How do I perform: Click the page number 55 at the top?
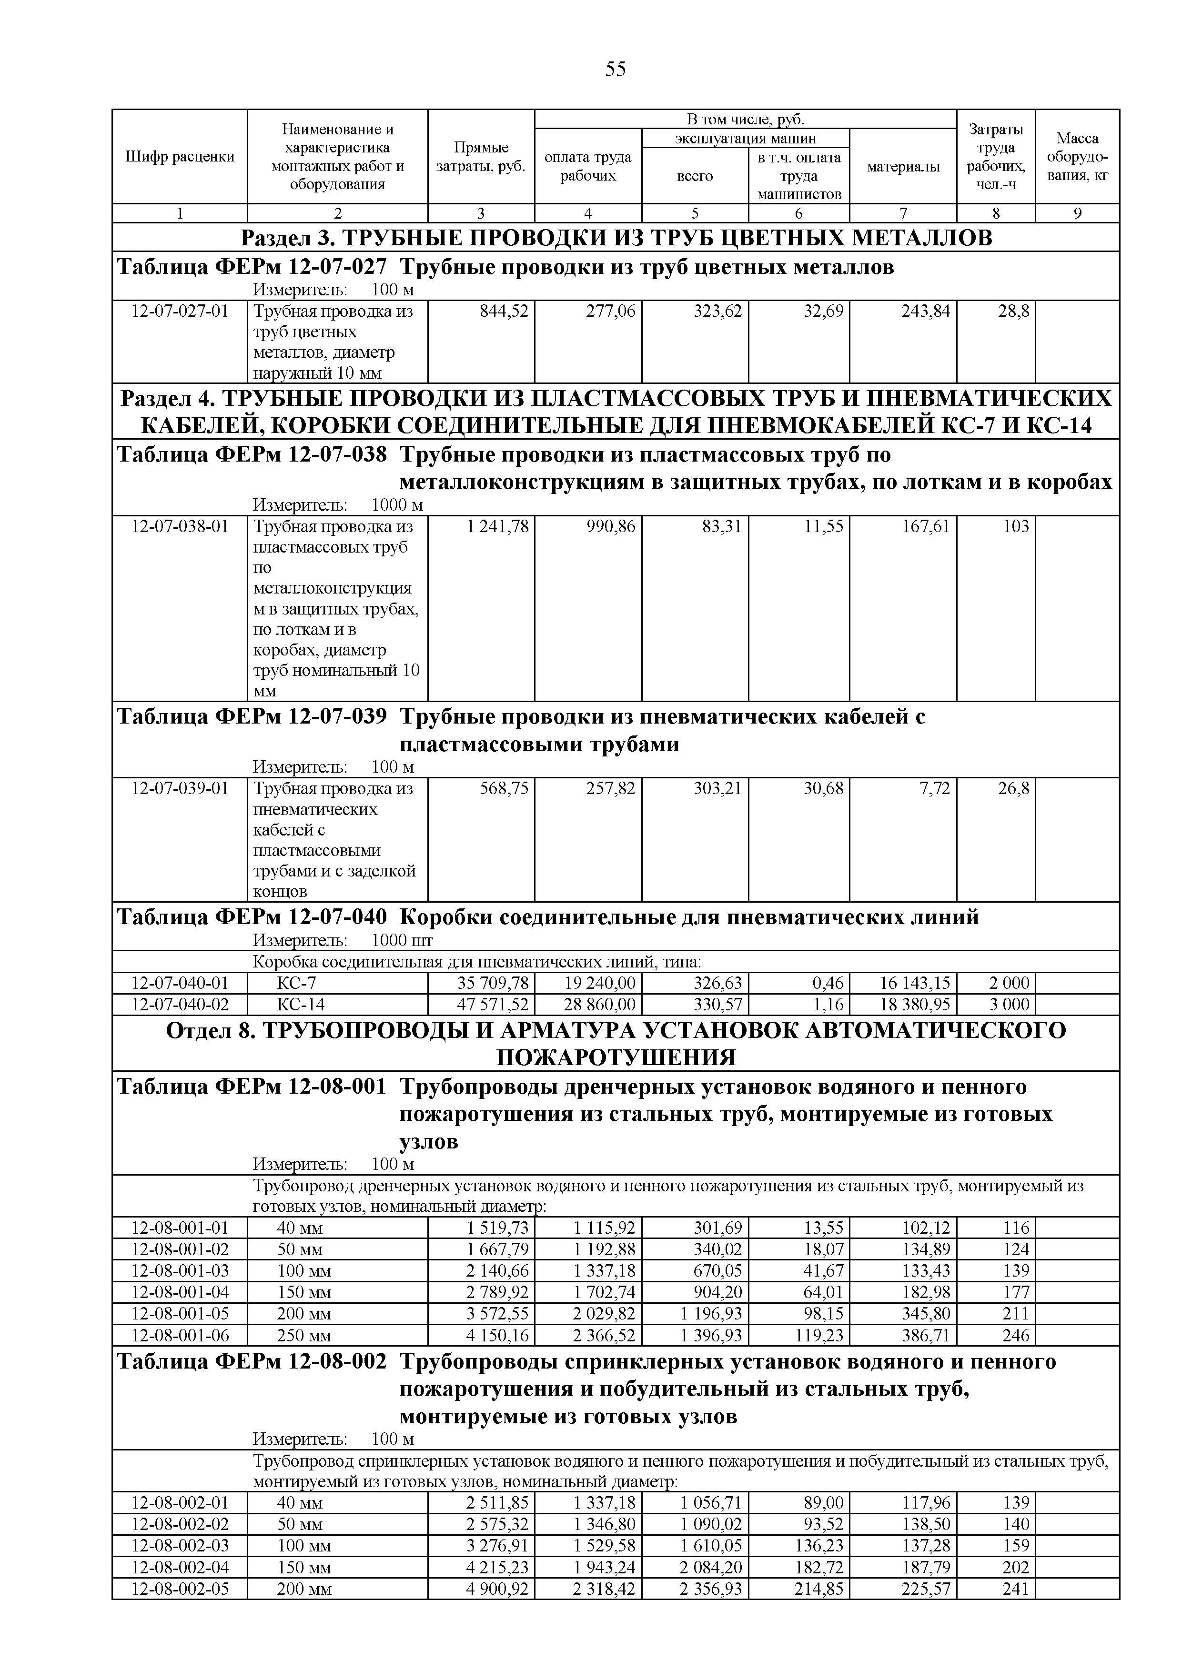(615, 70)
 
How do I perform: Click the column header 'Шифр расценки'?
(180, 156)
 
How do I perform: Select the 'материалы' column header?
(903, 167)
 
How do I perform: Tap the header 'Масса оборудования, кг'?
(1077, 156)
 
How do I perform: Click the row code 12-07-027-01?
(180, 312)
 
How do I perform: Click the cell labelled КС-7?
(297, 983)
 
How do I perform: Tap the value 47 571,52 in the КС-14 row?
(493, 1005)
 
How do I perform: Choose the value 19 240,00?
(600, 983)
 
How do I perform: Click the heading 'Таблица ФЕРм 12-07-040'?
(252, 917)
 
